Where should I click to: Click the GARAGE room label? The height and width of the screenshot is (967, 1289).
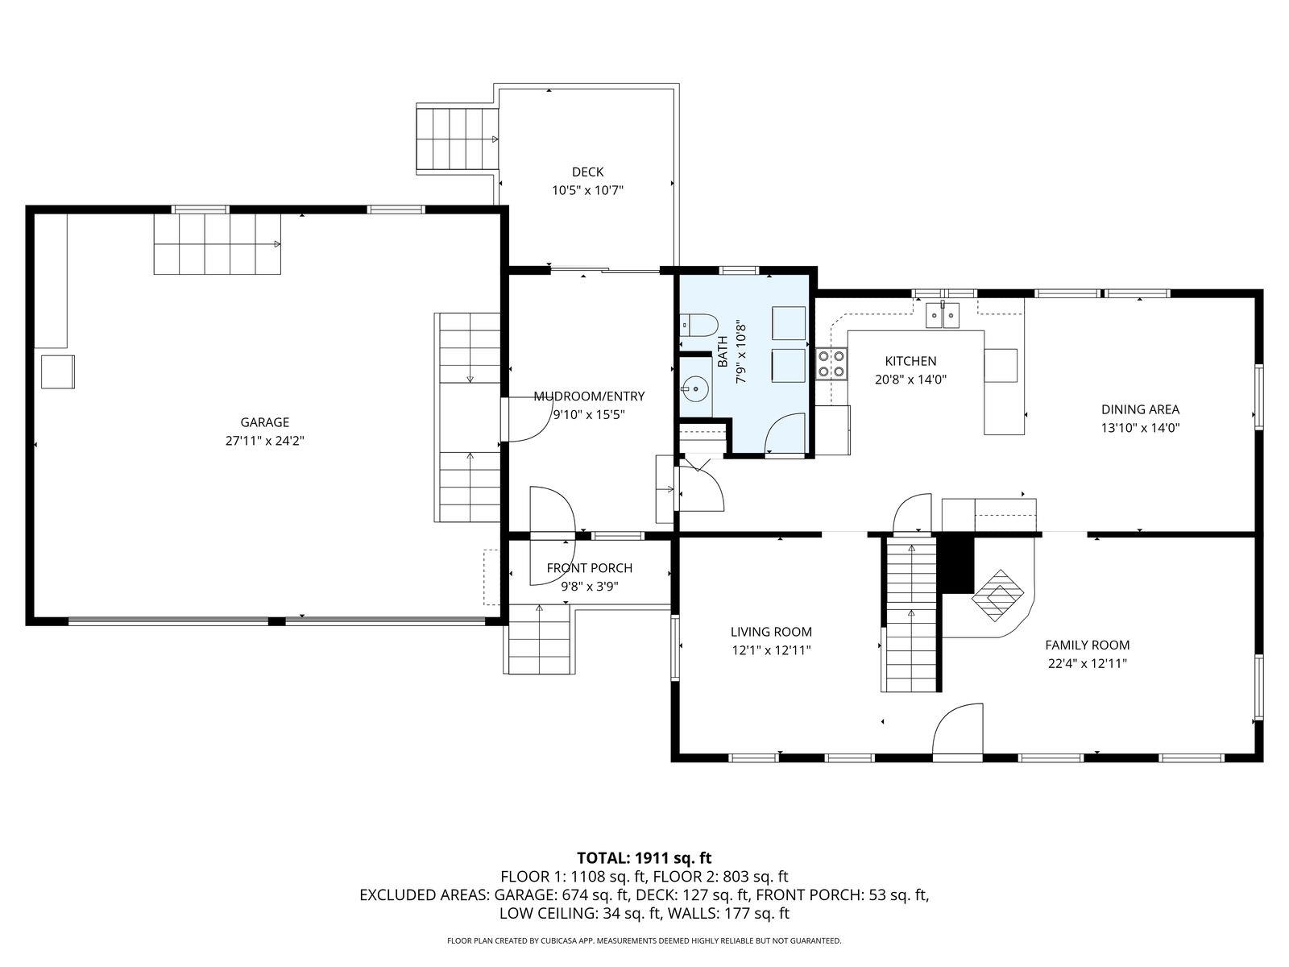click(x=264, y=422)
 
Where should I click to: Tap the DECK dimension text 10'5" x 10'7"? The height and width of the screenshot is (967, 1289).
click(x=588, y=190)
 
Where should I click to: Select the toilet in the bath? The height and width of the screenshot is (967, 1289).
click(x=698, y=326)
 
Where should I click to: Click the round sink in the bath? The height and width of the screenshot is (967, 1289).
click(x=694, y=390)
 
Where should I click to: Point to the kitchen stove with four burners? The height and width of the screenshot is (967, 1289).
click(x=831, y=363)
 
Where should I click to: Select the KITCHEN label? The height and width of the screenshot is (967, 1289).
click(x=910, y=361)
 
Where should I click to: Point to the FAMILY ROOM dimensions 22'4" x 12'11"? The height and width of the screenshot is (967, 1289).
click(x=1087, y=663)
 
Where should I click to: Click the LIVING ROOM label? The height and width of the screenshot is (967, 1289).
click(x=771, y=632)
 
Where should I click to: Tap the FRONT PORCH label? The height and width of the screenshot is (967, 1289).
click(x=589, y=568)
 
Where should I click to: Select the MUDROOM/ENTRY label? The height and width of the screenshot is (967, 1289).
click(x=589, y=396)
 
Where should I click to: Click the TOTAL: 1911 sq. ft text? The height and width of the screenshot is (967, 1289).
click(x=644, y=857)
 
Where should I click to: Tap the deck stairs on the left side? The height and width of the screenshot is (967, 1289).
click(x=457, y=139)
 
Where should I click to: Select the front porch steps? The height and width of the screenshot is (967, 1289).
click(x=538, y=639)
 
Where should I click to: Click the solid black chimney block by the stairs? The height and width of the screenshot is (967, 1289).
click(x=958, y=564)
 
